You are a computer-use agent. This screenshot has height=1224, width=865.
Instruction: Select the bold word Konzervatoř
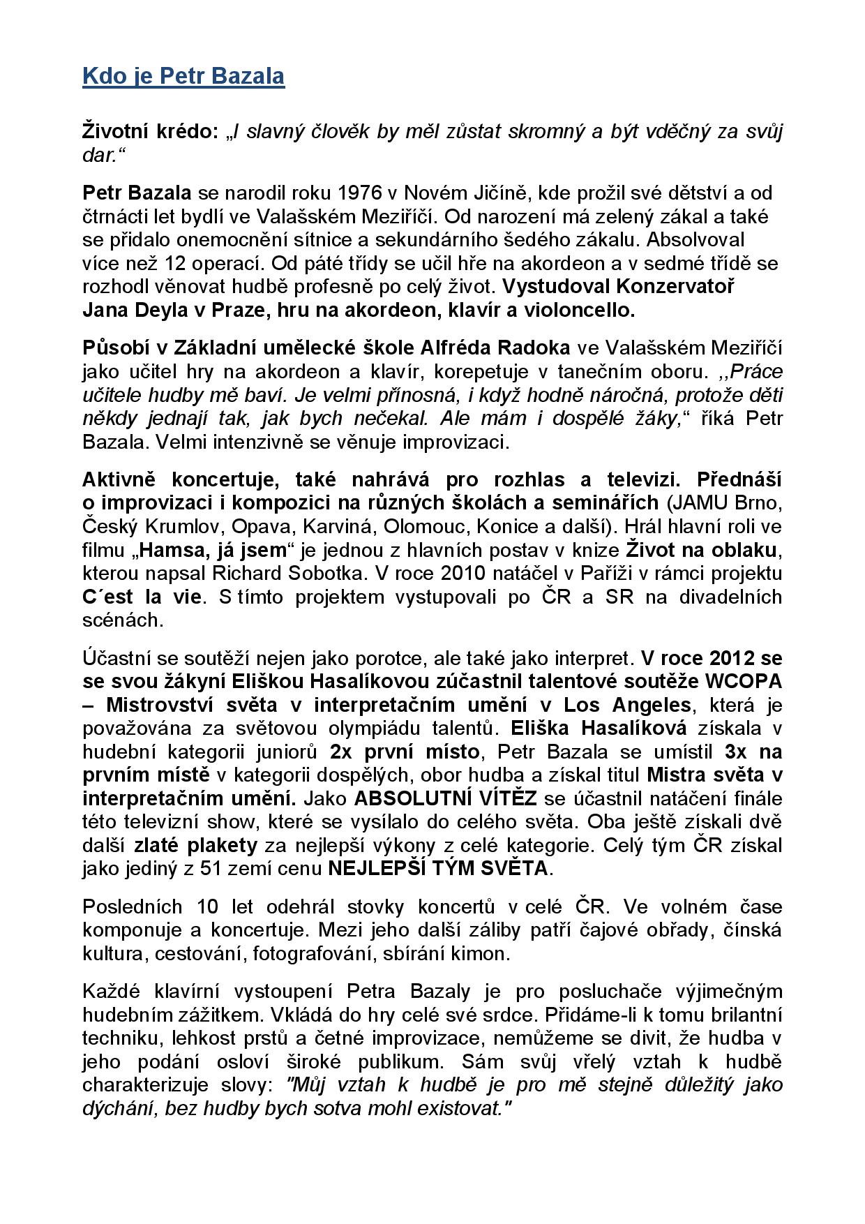pyautogui.click(x=673, y=287)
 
